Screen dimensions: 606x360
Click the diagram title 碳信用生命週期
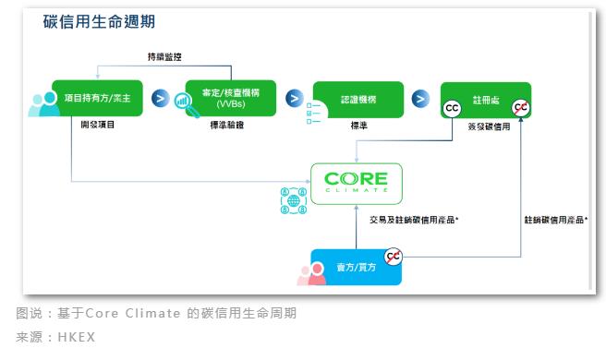(99, 21)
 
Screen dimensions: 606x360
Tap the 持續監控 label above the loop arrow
(164, 57)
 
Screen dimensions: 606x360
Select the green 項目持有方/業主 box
(97, 98)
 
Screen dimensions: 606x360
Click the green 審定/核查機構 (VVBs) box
(231, 98)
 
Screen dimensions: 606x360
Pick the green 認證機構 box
(358, 100)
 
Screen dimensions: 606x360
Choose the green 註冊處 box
(486, 101)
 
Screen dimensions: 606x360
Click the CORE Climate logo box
(357, 184)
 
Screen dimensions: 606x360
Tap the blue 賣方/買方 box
(356, 268)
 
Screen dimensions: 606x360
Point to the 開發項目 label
(97, 125)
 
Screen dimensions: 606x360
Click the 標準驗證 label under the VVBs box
(227, 125)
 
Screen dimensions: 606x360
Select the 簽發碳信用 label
(489, 126)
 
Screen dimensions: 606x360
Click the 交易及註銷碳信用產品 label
(414, 220)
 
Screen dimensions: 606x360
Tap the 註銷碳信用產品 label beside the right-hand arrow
(556, 220)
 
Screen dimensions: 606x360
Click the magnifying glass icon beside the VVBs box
(187, 104)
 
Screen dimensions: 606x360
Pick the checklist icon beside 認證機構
(314, 114)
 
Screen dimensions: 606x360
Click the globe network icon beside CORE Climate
(294, 200)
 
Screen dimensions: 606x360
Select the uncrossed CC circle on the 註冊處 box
(452, 108)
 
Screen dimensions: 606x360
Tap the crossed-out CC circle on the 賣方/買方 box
(393, 257)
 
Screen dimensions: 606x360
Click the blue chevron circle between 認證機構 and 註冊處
(420, 99)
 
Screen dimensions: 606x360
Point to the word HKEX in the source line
(77, 337)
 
